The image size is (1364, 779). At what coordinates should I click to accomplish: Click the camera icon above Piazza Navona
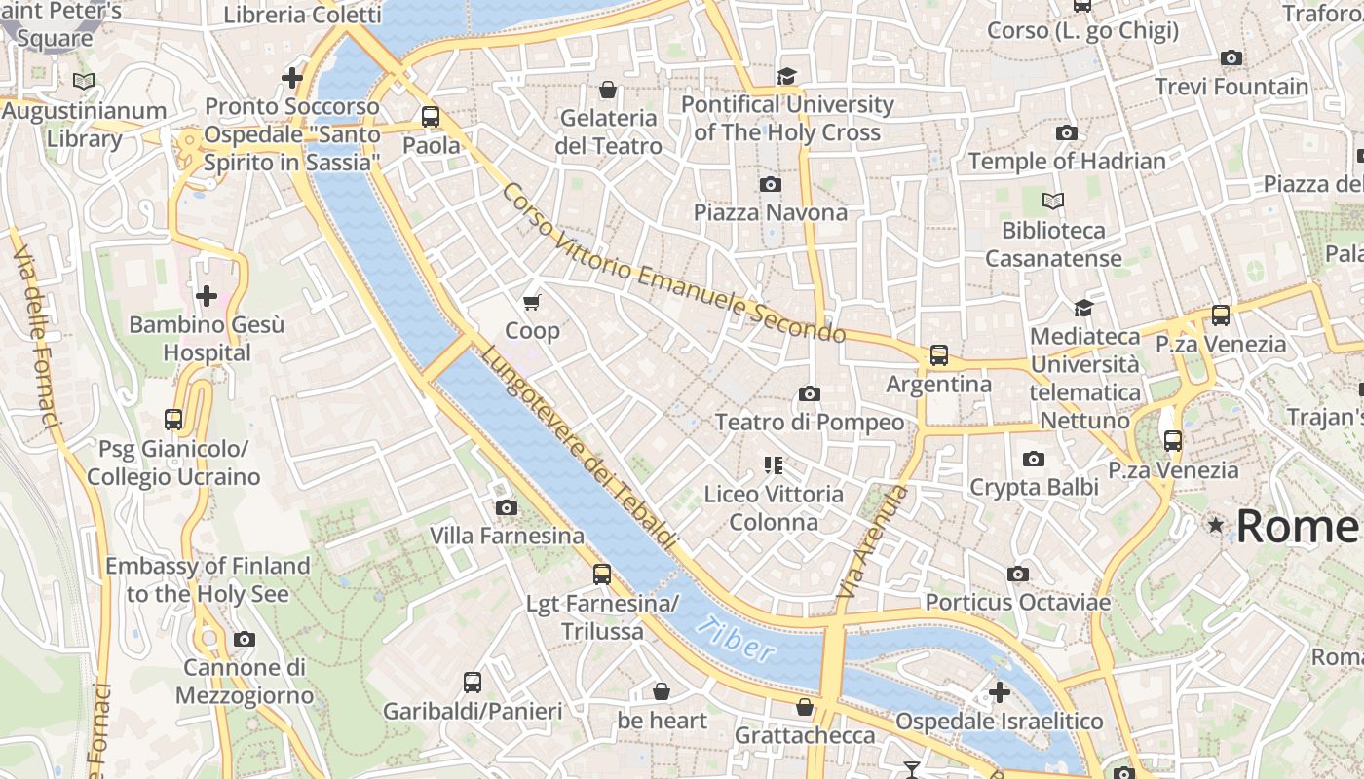771,184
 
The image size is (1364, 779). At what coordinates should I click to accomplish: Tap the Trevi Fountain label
1231,87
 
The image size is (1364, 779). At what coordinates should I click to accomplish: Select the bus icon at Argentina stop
938,355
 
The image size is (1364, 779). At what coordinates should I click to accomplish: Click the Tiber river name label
738,640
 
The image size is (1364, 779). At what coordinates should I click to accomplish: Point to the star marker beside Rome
1215,525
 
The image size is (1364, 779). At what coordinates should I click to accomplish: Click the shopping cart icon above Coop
532,303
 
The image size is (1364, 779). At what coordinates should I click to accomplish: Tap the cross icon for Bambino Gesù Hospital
207,295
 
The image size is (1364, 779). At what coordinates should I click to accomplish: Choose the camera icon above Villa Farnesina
506,507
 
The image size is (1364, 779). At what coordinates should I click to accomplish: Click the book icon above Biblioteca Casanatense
1053,202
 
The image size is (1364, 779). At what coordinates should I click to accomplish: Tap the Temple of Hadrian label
1067,161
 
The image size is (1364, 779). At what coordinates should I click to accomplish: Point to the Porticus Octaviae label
1017,603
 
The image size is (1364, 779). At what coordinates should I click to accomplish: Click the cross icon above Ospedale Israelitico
999,692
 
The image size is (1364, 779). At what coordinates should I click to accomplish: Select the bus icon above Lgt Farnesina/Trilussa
602,575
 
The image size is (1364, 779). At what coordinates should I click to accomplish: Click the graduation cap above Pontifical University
786,76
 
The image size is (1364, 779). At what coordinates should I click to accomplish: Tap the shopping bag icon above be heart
662,691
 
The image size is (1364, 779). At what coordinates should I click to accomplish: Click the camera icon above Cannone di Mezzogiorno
244,640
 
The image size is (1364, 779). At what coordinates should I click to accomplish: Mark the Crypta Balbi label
1034,487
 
